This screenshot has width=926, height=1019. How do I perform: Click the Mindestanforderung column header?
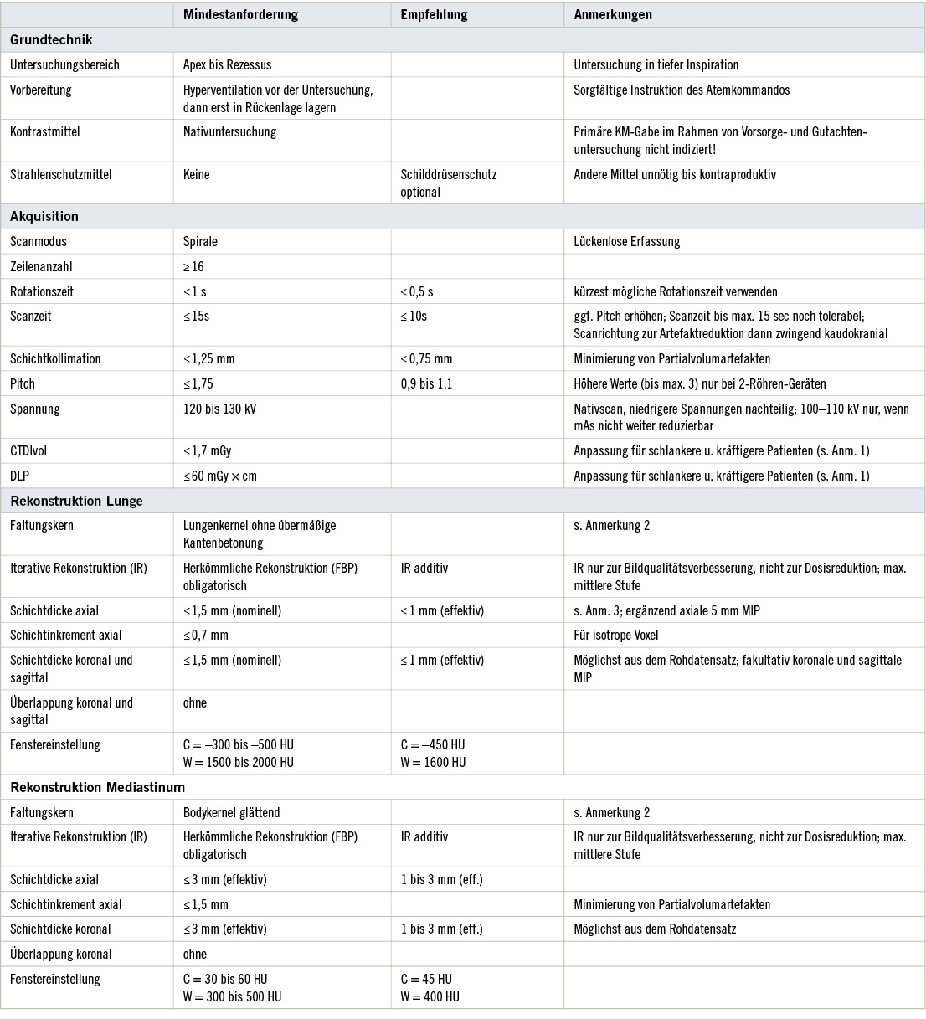tap(240, 15)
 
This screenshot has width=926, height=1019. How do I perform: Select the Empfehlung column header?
tap(434, 15)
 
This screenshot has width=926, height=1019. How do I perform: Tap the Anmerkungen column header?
tap(613, 15)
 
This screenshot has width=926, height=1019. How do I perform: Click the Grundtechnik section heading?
tap(51, 39)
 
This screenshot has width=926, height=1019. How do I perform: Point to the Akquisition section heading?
tap(44, 216)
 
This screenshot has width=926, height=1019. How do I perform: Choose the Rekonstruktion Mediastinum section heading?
tap(97, 787)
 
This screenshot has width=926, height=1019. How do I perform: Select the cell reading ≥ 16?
tap(193, 266)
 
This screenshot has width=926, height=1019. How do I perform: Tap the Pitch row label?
tap(23, 383)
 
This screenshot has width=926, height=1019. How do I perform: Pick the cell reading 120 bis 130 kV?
tap(219, 409)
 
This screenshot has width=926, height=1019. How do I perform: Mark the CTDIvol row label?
tap(28, 450)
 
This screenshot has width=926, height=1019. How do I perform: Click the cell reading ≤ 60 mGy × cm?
tap(220, 476)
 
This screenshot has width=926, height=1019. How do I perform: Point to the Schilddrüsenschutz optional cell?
tap(449, 183)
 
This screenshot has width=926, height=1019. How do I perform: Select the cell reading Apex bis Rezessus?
tap(227, 64)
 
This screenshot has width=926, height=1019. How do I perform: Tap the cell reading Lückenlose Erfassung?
tap(626, 241)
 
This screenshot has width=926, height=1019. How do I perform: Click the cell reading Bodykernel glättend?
tap(231, 812)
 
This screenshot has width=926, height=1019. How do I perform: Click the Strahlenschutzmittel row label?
tap(60, 174)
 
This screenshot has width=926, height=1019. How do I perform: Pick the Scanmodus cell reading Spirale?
tap(200, 241)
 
